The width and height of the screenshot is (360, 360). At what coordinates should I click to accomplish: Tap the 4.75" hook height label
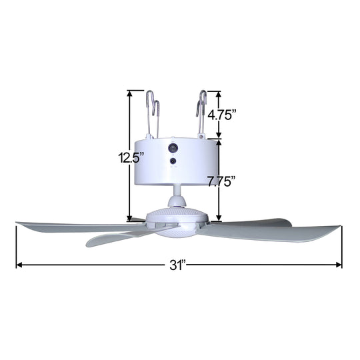pos(222,114)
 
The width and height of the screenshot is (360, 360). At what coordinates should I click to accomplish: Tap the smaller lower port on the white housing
pos(173,161)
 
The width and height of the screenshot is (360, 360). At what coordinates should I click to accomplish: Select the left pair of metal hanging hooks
pos(154,113)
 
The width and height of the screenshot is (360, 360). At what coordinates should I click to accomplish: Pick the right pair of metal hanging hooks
pos(201,113)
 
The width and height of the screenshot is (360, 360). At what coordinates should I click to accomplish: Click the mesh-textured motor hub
pos(176,220)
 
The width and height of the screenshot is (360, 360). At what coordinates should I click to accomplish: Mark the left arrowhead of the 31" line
pos(19,265)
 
